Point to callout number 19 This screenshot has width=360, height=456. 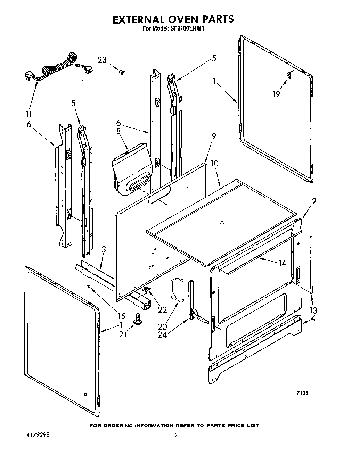click(276, 94)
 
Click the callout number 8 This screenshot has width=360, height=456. click(119, 132)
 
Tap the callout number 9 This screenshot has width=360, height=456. click(213, 136)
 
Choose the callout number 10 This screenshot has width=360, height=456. click(214, 163)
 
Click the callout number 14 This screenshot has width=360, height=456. click(282, 263)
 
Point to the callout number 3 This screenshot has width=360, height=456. click(104, 249)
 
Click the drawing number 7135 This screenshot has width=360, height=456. click(302, 393)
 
